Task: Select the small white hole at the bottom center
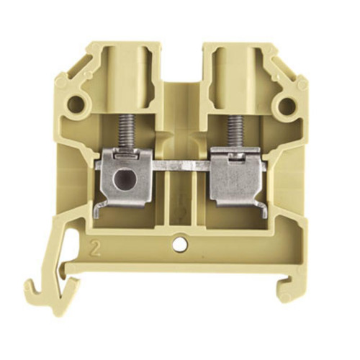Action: [178, 246]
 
